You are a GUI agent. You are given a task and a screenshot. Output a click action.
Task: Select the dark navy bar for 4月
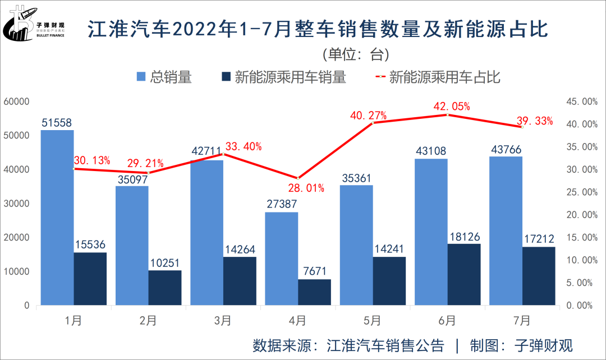[x=314, y=292]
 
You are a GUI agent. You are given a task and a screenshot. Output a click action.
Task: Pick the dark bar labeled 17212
[x=539, y=276]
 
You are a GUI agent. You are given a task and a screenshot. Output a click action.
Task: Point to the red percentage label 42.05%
[x=451, y=107]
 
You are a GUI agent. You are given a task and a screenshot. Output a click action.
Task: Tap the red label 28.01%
[x=306, y=188]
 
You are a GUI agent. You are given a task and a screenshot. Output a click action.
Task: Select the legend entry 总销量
[x=165, y=77]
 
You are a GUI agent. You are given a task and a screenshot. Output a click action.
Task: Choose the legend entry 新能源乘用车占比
[x=438, y=77]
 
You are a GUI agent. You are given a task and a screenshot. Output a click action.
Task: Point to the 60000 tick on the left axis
[x=16, y=101]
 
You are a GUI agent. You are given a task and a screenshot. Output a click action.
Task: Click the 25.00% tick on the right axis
[x=579, y=192]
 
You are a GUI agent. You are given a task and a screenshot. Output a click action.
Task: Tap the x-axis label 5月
[x=373, y=321]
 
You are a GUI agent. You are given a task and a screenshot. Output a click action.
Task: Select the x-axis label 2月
[x=148, y=321]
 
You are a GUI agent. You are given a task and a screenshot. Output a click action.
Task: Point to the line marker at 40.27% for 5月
[x=373, y=122]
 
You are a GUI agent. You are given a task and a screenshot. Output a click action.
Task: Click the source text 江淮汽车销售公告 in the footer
[x=385, y=345]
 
